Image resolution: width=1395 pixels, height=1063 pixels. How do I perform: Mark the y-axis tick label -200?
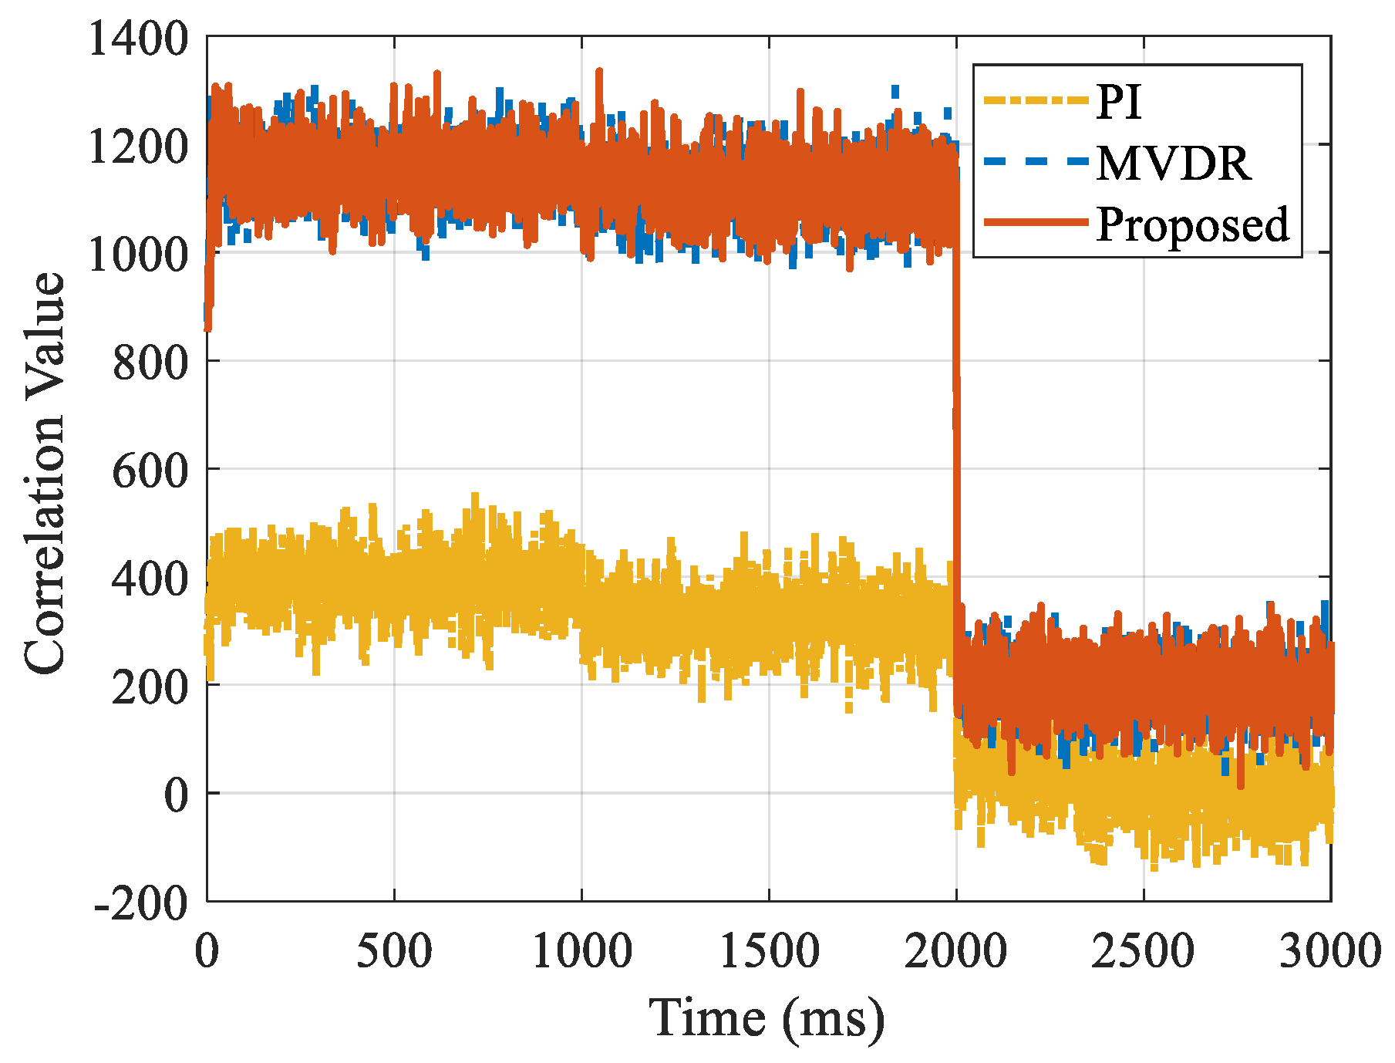(x=141, y=902)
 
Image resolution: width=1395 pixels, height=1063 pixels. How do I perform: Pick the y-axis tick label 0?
(x=176, y=795)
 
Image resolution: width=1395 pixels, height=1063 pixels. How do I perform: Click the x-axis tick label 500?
(x=394, y=951)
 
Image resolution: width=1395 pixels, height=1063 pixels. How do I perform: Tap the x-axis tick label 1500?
(x=769, y=951)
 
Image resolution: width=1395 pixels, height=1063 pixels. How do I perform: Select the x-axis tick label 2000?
(x=956, y=951)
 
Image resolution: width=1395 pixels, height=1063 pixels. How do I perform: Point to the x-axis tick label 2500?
(x=1144, y=951)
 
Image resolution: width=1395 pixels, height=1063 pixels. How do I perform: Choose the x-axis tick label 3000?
(x=1329, y=951)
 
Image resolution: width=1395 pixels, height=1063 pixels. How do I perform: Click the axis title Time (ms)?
(x=767, y=1017)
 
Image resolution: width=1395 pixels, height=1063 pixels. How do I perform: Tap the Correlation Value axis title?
(x=45, y=472)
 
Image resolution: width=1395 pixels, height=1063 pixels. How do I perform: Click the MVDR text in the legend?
(x=1174, y=163)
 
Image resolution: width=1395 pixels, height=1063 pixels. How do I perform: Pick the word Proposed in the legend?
(x=1192, y=224)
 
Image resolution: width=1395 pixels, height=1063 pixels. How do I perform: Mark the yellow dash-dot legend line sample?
(x=1035, y=100)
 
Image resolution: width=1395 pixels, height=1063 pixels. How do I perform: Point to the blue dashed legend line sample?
(x=1035, y=162)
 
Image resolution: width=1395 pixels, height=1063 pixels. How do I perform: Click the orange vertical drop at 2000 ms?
(x=956, y=463)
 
